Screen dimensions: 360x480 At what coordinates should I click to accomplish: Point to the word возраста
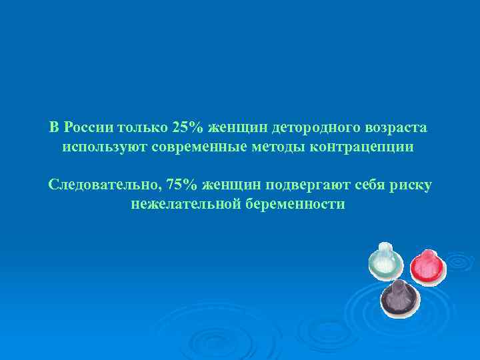coord(395,127)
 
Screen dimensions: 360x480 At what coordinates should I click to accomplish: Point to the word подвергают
coord(313,184)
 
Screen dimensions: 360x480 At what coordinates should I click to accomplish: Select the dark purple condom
coord(399,298)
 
